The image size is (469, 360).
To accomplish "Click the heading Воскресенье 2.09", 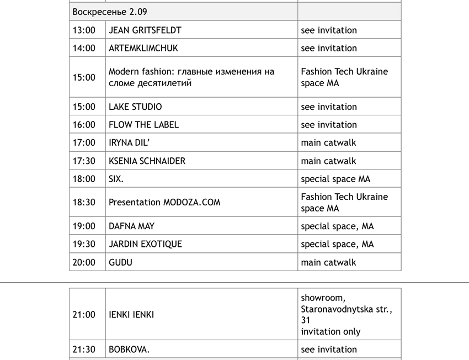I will point(110,12).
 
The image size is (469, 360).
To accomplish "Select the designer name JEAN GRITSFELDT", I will point(145,30).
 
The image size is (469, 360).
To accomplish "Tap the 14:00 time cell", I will point(84,48).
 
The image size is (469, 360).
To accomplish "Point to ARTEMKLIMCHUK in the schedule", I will point(143,48).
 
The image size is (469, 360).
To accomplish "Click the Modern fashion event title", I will point(191,77).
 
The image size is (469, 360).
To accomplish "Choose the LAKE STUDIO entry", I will point(135,107).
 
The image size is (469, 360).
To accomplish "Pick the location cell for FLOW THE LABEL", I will point(329,125).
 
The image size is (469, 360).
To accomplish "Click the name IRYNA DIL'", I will point(129,142).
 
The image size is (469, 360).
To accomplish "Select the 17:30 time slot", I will point(84,161).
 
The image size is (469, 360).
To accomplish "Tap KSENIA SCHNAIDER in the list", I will point(147,161).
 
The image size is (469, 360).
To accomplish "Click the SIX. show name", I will point(116,179).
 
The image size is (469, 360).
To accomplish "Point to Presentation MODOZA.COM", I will point(164,202).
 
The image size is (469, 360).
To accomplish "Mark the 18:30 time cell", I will point(84,202).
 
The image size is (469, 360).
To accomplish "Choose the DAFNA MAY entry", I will point(131,226).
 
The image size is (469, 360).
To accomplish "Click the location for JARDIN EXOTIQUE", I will point(337,244).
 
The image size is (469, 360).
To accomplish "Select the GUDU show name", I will point(120,262).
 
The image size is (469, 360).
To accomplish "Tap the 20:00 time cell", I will point(84,262).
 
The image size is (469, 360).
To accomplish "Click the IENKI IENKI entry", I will point(131,315).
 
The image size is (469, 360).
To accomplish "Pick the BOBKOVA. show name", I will point(129,350).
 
